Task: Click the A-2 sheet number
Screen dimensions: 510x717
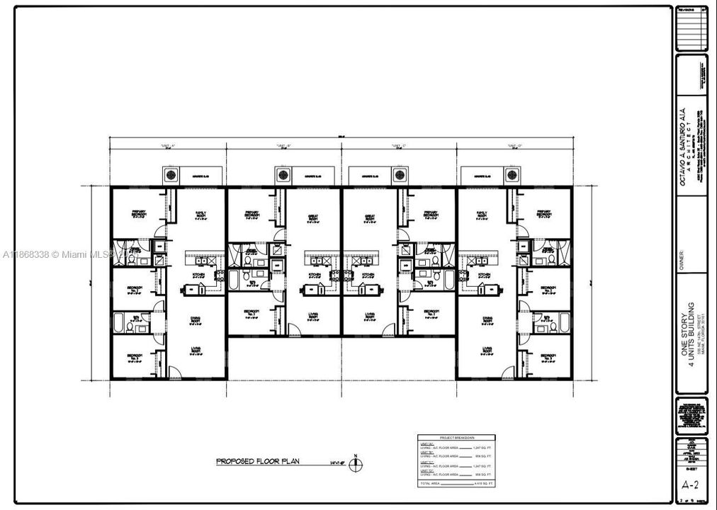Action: [690, 485]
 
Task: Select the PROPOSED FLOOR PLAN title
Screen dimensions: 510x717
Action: [258, 462]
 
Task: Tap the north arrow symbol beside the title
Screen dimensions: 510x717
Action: [359, 464]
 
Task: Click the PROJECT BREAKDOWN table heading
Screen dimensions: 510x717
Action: [453, 438]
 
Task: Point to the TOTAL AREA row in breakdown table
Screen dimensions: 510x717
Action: [453, 482]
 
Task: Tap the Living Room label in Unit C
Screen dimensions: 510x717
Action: [370, 316]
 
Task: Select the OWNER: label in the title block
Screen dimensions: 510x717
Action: [682, 253]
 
